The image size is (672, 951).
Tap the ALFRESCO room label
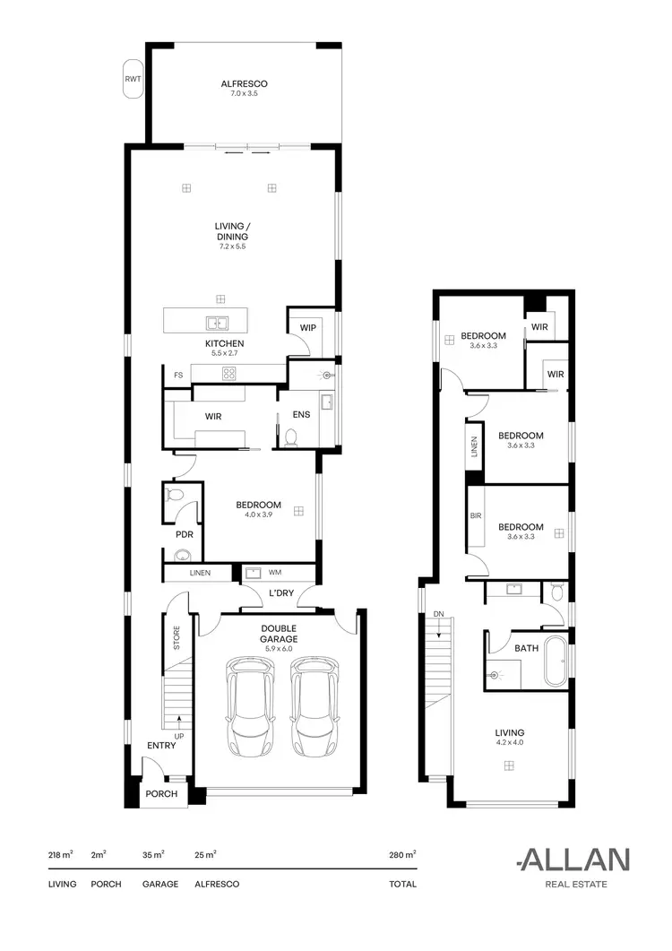point(245,84)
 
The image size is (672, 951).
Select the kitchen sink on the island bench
point(215,323)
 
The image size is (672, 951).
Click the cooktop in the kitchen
point(229,374)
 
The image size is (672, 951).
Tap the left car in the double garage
point(252,705)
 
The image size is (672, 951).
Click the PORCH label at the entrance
point(162,794)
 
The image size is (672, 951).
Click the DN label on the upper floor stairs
point(438,613)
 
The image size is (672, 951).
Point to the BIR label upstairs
point(476,516)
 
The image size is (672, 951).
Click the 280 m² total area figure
point(402,856)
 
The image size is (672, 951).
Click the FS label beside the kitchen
point(177,375)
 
